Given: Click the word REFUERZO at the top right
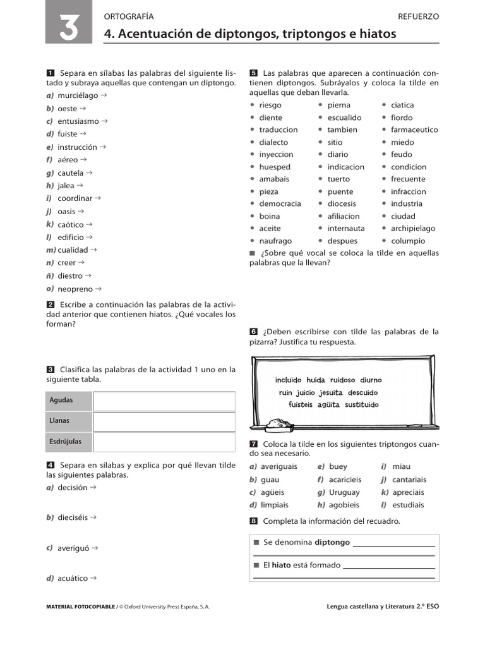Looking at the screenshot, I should coord(419,16).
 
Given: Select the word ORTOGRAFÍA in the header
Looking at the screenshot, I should coord(128,16).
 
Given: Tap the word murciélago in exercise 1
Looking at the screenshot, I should coord(78,95).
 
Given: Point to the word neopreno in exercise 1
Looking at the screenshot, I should coord(75,289).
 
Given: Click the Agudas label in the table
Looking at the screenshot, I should coord(61,401).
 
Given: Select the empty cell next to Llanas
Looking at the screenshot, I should coord(164,421).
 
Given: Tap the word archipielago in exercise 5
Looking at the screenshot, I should coord(413,228).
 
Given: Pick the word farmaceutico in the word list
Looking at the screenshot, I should coord(414,130).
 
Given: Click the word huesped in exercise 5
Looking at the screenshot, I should coord(275,167).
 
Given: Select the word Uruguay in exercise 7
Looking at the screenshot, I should coord(344,492).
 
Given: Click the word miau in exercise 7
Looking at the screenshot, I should coord(401,466).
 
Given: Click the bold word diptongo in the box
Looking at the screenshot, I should coord(332,542).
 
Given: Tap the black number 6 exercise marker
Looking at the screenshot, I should coord(253,332).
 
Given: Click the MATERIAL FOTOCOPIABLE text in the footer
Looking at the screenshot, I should coord(81,607).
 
